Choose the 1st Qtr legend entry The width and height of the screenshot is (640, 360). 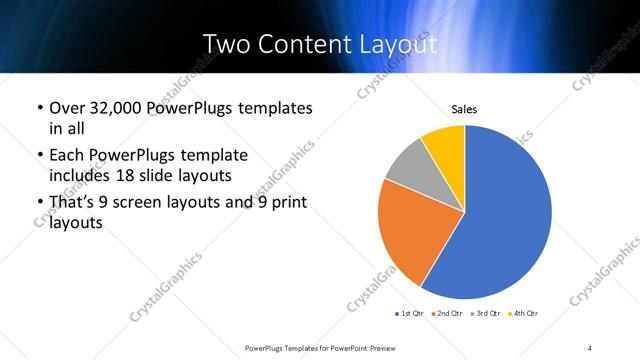(x=410, y=314)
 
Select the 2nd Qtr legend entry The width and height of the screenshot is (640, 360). (x=445, y=314)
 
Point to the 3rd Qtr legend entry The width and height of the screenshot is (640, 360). (x=482, y=314)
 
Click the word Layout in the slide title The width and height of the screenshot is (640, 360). (x=398, y=44)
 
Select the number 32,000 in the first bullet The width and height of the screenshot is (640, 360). (x=118, y=107)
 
